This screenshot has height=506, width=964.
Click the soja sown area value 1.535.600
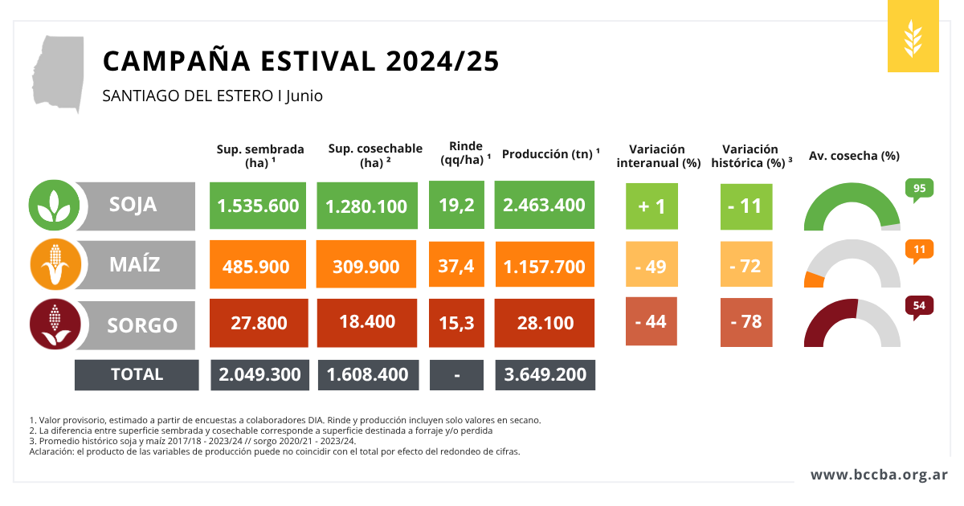[258, 206]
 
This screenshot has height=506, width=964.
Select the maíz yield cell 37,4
[456, 265]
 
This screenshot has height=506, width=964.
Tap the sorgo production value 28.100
[545, 323]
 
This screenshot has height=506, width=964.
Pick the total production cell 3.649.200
[545, 374]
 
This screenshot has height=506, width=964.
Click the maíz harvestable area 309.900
[366, 265]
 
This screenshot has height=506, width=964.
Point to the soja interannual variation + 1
[651, 206]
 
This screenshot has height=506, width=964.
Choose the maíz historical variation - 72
[745, 265]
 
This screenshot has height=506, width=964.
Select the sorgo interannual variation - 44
[651, 321]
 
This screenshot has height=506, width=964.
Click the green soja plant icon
[54, 205]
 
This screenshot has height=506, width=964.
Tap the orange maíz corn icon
[54, 264]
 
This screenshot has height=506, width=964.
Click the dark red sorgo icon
[54, 324]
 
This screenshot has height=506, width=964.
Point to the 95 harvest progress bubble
[919, 190]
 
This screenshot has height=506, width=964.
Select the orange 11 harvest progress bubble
[919, 250]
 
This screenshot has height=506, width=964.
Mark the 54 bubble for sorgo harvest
[919, 306]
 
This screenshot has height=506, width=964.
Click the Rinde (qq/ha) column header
[466, 153]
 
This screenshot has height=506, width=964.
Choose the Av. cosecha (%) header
[853, 156]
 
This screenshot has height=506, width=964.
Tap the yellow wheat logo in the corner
[913, 37]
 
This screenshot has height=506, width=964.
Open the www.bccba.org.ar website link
[879, 475]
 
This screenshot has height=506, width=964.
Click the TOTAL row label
[137, 374]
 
